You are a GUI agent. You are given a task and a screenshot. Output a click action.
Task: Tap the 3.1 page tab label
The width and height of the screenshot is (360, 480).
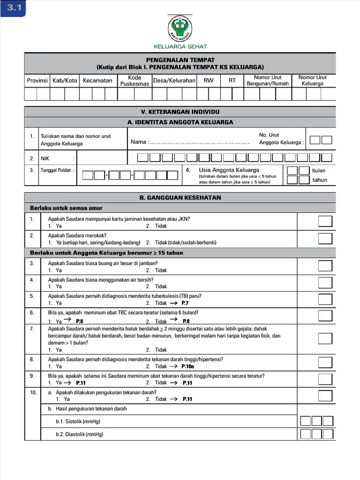(x=14, y=8)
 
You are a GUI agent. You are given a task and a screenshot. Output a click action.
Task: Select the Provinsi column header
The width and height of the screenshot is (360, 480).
(x=37, y=81)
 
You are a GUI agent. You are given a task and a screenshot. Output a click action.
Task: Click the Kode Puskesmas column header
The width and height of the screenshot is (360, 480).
(x=135, y=81)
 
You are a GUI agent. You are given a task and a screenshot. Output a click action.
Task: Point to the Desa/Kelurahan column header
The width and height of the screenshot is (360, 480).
(x=174, y=81)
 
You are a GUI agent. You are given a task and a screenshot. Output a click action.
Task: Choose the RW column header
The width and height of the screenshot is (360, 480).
(x=209, y=81)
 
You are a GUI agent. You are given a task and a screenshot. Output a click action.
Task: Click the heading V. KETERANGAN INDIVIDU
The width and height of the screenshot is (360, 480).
(x=180, y=112)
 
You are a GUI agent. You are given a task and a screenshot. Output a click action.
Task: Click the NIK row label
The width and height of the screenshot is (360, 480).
(x=45, y=158)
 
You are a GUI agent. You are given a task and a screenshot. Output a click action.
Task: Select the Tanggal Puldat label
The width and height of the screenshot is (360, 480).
(x=57, y=170)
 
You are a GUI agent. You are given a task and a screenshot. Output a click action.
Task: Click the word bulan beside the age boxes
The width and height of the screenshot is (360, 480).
(x=319, y=171)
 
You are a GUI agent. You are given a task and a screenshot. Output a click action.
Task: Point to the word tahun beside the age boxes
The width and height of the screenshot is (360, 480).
(x=320, y=180)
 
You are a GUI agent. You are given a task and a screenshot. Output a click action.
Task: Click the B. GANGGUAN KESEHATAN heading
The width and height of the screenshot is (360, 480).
(x=180, y=198)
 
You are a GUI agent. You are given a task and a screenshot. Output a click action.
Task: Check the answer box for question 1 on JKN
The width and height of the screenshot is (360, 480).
(x=325, y=222)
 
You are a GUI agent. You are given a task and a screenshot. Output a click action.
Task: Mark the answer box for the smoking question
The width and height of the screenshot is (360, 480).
(x=325, y=239)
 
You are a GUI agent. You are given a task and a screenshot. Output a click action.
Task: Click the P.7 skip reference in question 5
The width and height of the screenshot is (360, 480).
(x=185, y=303)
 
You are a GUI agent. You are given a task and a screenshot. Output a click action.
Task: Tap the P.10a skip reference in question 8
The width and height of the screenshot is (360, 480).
(x=188, y=367)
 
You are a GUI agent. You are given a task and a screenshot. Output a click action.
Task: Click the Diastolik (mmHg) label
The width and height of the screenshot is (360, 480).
(x=79, y=435)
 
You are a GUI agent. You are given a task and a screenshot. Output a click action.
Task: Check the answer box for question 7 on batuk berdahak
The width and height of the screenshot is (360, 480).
(x=325, y=339)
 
